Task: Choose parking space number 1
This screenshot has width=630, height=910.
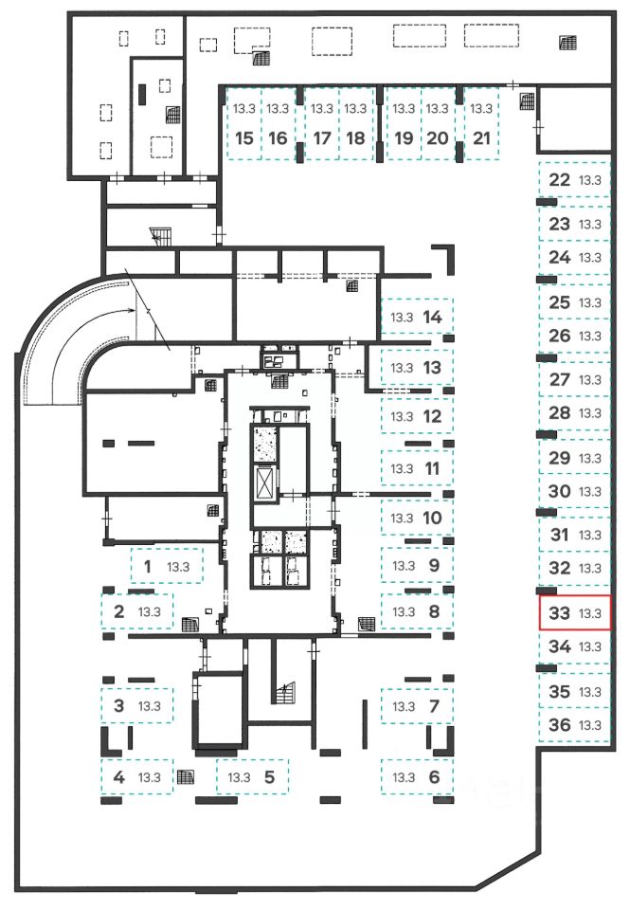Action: pyautogui.click(x=165, y=568)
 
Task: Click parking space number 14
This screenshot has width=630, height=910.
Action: pyautogui.click(x=418, y=317)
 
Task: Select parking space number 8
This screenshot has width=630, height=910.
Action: pyautogui.click(x=418, y=610)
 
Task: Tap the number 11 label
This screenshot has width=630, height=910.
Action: pyautogui.click(x=434, y=468)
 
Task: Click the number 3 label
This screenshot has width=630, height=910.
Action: pyautogui.click(x=118, y=705)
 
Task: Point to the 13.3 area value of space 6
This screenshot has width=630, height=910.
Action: pyautogui.click(x=405, y=777)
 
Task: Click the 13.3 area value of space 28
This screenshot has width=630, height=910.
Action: pyautogui.click(x=591, y=413)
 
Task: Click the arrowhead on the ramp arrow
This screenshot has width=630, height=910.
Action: pyautogui.click(x=133, y=310)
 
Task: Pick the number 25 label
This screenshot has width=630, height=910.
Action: pyautogui.click(x=560, y=302)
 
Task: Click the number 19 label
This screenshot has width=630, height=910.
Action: pyautogui.click(x=405, y=137)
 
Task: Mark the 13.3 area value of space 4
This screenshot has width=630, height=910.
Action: pyautogui.click(x=150, y=777)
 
